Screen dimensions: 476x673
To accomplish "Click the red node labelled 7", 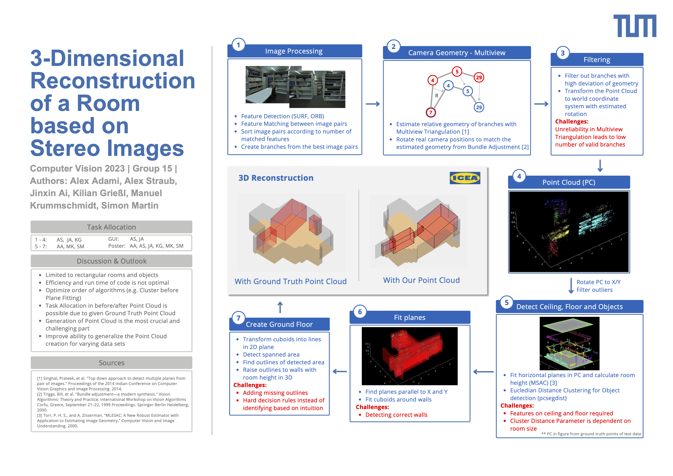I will coord(431,112).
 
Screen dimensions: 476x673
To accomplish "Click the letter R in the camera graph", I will coord(436,96).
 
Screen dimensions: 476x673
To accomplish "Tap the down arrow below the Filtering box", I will coord(600,166).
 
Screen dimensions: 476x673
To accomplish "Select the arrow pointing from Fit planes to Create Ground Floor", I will coord(340,372).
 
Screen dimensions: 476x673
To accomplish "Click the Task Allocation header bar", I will coord(111,227).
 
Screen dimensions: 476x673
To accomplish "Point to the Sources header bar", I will coord(111,363).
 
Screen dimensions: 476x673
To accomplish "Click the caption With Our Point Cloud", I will coord(421,280).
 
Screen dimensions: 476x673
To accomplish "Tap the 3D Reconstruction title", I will coord(276,178).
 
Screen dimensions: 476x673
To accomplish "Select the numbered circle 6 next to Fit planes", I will coord(360,312).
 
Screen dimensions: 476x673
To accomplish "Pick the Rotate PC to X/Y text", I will coord(598,282).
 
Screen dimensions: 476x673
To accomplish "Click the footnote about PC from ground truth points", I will coord(591,434).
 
